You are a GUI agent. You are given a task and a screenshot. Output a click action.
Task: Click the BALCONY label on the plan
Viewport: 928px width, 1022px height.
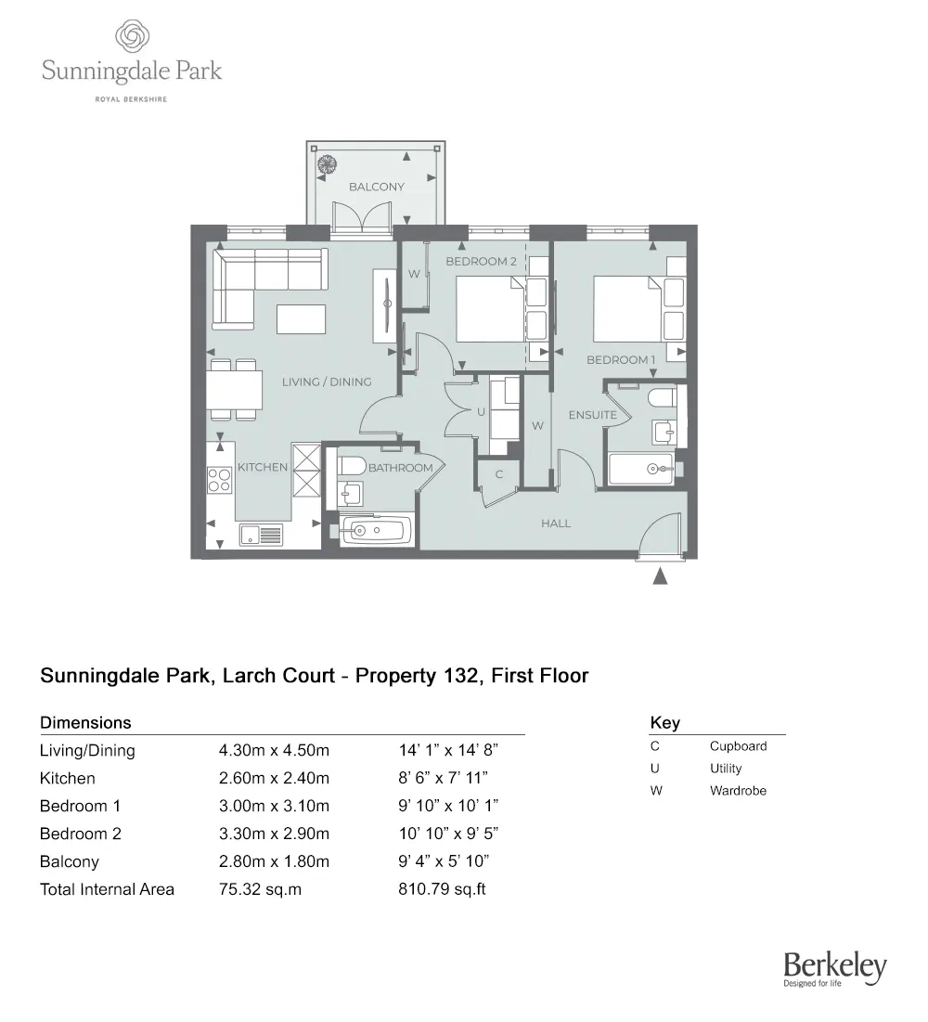click(377, 187)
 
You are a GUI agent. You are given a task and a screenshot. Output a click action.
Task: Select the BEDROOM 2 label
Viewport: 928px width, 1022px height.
click(482, 262)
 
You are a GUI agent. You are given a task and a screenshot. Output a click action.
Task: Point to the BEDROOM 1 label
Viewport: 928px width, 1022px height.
click(621, 360)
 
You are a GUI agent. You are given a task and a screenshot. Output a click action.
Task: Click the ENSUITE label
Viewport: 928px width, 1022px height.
click(593, 415)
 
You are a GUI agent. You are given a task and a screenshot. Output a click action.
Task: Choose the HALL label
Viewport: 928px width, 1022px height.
click(556, 524)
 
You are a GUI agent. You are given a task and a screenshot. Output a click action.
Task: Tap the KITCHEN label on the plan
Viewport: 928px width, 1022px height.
click(263, 468)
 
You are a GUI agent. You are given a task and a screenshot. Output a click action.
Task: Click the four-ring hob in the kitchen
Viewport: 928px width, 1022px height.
click(219, 479)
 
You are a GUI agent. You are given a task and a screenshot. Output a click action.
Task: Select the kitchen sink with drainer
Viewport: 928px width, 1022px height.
click(261, 535)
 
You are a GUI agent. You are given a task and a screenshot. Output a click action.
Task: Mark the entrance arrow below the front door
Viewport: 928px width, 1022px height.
click(660, 576)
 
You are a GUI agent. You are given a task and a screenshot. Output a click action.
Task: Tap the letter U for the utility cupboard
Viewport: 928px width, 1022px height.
click(481, 412)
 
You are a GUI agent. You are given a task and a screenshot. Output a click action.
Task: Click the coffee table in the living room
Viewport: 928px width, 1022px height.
click(302, 319)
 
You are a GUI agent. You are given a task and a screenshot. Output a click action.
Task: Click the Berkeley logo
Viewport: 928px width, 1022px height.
click(835, 969)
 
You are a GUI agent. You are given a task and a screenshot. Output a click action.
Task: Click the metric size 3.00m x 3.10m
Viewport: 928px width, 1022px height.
click(274, 806)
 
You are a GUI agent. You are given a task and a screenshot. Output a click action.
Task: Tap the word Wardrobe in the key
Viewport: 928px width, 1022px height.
click(738, 791)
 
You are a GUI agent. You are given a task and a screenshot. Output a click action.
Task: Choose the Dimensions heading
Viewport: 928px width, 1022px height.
click(85, 723)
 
